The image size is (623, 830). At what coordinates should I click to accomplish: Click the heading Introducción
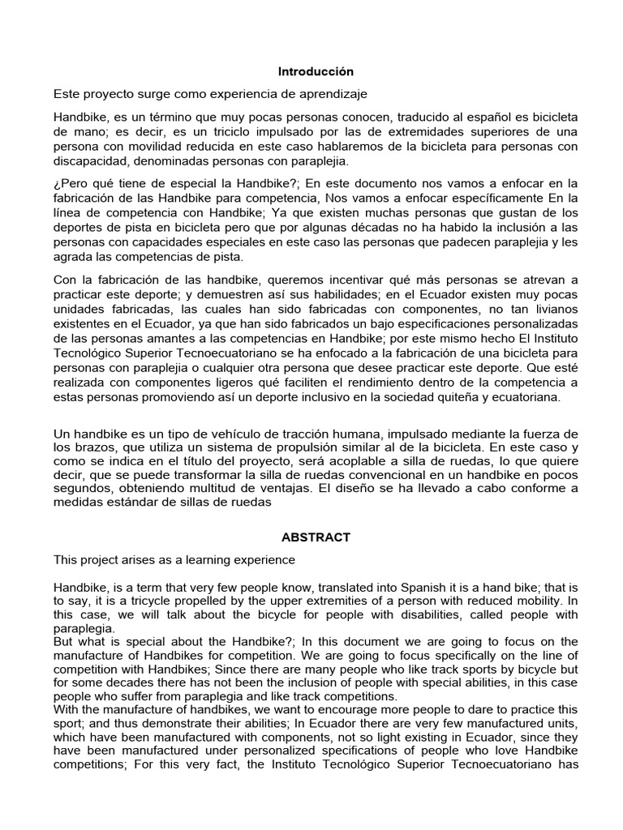[x=316, y=71]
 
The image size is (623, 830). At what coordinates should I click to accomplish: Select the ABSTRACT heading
[x=316, y=537]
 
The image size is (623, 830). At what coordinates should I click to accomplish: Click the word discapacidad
[x=89, y=160]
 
